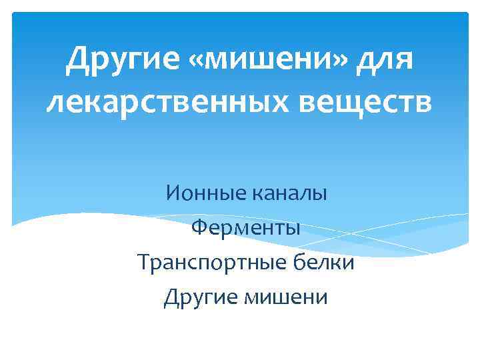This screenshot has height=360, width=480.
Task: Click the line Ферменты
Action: pyautogui.click(x=245, y=228)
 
